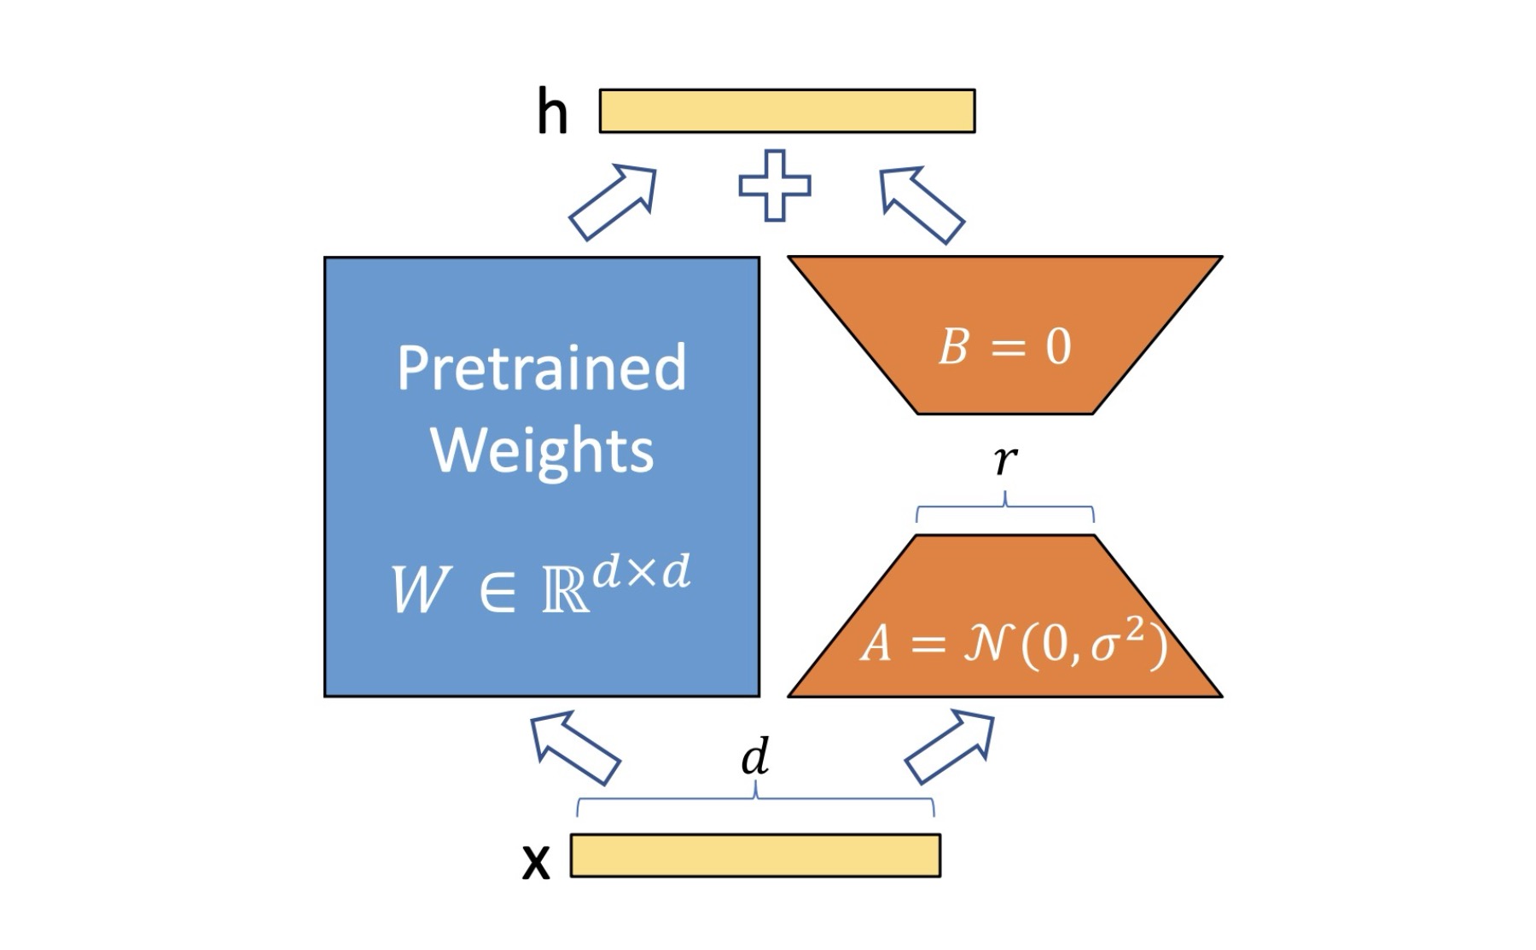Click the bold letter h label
(552, 113)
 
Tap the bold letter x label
(536, 862)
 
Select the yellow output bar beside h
(787, 111)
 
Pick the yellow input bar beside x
(755, 855)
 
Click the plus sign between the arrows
(775, 186)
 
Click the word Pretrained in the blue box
(542, 368)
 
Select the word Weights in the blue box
(543, 450)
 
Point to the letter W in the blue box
(419, 589)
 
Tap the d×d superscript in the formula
(641, 572)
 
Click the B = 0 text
(1004, 347)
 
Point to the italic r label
(1005, 460)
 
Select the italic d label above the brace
(755, 756)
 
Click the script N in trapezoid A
(987, 643)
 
